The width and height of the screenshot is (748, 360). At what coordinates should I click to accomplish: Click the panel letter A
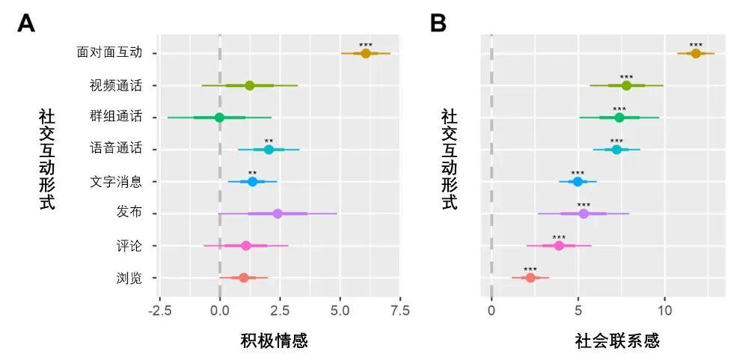click(x=26, y=24)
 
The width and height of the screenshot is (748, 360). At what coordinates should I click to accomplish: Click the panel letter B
click(x=438, y=24)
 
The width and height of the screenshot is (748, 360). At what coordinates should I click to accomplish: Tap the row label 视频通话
click(x=115, y=85)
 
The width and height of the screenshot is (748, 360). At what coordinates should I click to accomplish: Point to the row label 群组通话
click(x=115, y=118)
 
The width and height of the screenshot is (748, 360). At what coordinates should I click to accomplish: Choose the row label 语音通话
click(x=115, y=149)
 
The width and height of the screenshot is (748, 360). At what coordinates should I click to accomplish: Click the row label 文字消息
click(x=115, y=181)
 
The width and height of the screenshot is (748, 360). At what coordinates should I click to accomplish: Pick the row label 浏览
click(x=129, y=278)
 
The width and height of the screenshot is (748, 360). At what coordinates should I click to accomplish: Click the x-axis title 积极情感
click(x=274, y=341)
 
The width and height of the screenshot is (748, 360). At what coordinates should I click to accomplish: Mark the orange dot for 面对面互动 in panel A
click(x=366, y=53)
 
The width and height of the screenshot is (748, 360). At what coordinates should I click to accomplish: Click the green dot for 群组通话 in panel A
click(x=219, y=118)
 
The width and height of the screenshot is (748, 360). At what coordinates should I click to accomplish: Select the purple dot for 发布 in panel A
click(x=278, y=213)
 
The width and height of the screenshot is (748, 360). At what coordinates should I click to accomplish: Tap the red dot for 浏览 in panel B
click(x=530, y=278)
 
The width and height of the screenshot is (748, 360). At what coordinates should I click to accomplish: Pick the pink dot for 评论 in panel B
click(x=559, y=245)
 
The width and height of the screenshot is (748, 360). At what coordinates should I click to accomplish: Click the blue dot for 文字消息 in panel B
click(x=577, y=181)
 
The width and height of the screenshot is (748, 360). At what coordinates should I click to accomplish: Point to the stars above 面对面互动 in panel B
click(x=696, y=45)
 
